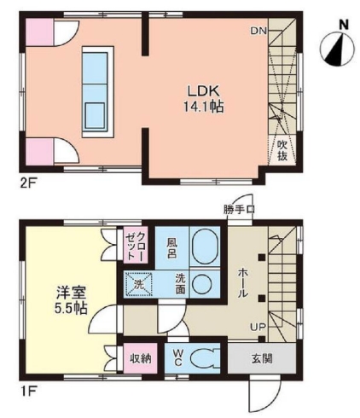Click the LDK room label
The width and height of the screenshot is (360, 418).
pos(203,91)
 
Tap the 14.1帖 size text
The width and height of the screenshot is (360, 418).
pos(203,107)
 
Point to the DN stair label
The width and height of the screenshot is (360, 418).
pos(258,31)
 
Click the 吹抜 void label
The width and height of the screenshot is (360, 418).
pos(282,150)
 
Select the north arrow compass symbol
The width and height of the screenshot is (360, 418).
pos(337,49)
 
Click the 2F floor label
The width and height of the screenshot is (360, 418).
pos(27,181)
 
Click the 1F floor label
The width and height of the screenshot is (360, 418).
pos(27,389)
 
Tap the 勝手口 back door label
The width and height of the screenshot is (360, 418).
pos(239,210)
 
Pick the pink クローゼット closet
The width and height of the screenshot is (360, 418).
pos(136,245)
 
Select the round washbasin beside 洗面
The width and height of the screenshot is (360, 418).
pos(202,284)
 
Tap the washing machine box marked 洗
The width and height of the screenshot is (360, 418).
pos(138,285)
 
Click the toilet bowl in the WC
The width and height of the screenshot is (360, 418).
pos(203,358)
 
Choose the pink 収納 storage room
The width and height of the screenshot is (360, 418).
pos(140,358)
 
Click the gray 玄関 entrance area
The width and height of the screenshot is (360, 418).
pos(262,358)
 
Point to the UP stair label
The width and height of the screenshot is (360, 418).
pos(258,327)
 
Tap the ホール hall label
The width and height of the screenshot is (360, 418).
pos(243,283)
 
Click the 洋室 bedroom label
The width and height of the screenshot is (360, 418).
pos(71,293)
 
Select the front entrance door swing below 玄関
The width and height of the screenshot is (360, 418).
pos(264,396)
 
